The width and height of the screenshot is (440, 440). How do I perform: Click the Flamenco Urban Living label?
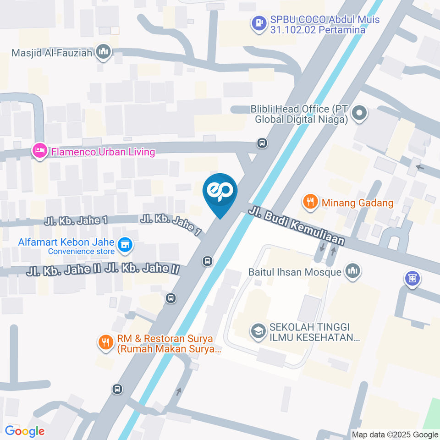click(x=103, y=151)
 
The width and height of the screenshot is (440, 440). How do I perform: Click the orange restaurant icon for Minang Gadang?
click(x=311, y=202)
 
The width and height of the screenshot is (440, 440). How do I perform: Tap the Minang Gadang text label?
click(x=357, y=202)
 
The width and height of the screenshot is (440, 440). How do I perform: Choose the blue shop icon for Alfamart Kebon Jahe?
click(x=124, y=246)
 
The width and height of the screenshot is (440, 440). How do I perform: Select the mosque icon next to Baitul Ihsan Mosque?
click(x=352, y=271)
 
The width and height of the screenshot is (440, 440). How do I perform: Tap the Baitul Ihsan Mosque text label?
click(x=295, y=272)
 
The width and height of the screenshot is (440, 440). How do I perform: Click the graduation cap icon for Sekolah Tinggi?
click(x=258, y=331)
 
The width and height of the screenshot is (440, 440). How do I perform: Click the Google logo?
click(x=25, y=431)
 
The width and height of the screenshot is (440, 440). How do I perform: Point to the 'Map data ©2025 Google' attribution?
click(x=395, y=434)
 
